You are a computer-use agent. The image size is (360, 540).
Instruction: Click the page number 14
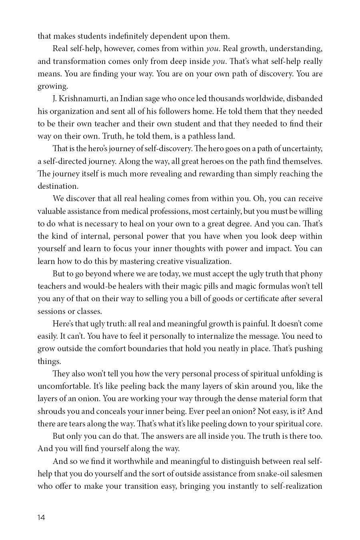point(41,518)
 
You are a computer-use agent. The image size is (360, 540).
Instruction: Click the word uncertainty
point(300,148)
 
